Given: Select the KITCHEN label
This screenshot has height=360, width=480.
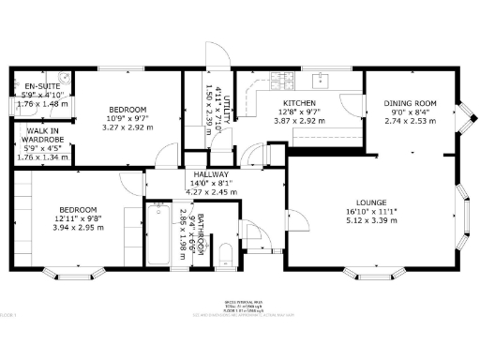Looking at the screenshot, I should pyautogui.click(x=298, y=103).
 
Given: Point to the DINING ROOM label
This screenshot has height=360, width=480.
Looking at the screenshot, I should pyautogui.click(x=410, y=103).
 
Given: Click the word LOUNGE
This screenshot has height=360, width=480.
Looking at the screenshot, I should pyautogui.click(x=372, y=202).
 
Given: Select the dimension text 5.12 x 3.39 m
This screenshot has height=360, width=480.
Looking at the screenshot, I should pyautogui.click(x=372, y=220).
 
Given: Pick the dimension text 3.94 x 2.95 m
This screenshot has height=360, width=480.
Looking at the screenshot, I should pyautogui.click(x=78, y=227).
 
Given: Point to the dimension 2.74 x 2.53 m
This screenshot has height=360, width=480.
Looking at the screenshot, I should pyautogui.click(x=410, y=121).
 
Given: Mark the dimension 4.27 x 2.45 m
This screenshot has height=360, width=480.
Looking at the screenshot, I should pyautogui.click(x=211, y=192).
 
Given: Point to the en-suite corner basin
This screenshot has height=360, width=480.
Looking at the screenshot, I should pyautogui.click(x=64, y=79).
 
